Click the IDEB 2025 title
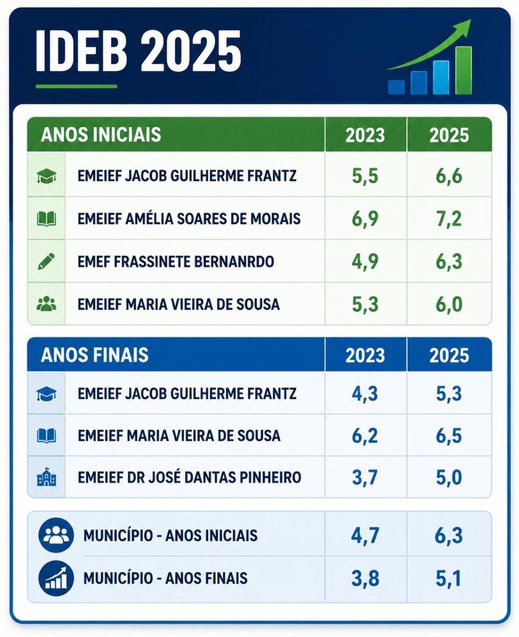pos(138,51)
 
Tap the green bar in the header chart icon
pos(463,71)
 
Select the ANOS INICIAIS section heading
pos(101,135)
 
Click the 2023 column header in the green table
pos(365,135)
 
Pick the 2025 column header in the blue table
pos(449,356)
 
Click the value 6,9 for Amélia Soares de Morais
pos(365,219)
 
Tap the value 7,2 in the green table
pos(449,219)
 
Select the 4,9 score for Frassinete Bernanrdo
pos(365,262)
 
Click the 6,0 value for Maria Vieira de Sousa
pos(449,305)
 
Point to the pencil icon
pos(46,261)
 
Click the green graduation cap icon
pos(46,176)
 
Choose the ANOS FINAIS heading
pos(94,355)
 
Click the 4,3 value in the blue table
pos(365,393)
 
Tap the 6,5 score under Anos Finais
pos(449,436)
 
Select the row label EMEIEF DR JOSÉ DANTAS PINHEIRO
pos(189,477)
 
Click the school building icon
pos(46,477)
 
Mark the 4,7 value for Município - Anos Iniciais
pos(365,535)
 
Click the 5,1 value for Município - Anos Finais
pos(448,579)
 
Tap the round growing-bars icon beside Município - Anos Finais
pos(56,578)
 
